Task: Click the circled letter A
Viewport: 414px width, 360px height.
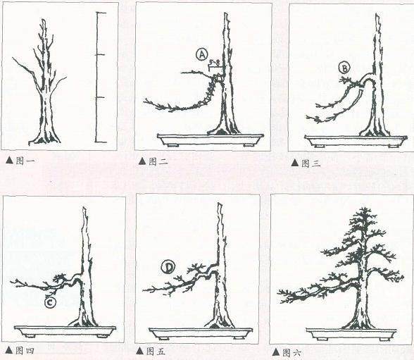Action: point(202,55)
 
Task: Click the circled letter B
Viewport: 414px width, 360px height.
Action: point(344,68)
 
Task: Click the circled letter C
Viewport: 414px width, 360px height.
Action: point(50,302)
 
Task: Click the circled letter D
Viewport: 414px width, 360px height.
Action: point(168,268)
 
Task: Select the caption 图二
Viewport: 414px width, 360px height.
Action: point(158,161)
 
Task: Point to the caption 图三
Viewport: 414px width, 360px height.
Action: point(310,163)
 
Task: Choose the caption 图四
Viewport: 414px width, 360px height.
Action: point(25,351)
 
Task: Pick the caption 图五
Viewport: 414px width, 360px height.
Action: point(156,352)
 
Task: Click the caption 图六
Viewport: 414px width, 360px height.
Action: point(291,353)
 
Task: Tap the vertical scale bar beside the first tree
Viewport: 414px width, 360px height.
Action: point(96,77)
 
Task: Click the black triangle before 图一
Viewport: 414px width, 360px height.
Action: point(9,161)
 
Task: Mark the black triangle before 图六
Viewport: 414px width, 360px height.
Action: point(276,352)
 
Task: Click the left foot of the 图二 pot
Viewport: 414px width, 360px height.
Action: point(173,145)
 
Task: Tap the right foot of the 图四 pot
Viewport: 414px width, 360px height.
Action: point(102,336)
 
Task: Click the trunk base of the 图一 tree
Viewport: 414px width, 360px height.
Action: point(44,139)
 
